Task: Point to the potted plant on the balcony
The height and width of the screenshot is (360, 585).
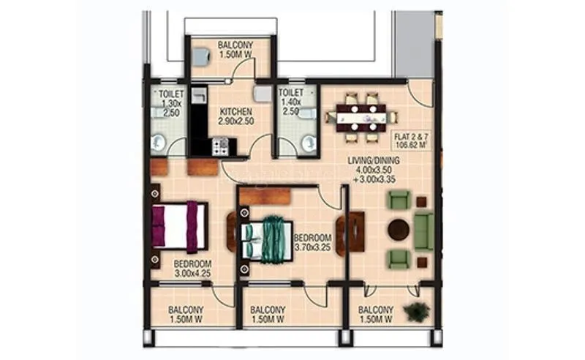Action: click(x=416, y=312)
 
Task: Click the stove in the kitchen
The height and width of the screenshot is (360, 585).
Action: click(x=220, y=146)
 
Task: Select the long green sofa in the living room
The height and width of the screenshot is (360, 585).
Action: click(x=423, y=230)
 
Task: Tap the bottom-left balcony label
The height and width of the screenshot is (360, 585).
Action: click(x=186, y=314)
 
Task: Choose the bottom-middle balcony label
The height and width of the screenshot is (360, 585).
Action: click(x=268, y=314)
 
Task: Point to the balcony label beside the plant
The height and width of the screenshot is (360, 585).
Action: click(x=376, y=314)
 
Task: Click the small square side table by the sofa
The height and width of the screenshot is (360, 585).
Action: click(x=421, y=202)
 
